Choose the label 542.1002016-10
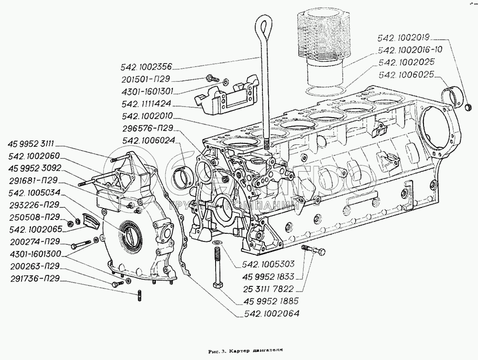(x=410, y=49)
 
